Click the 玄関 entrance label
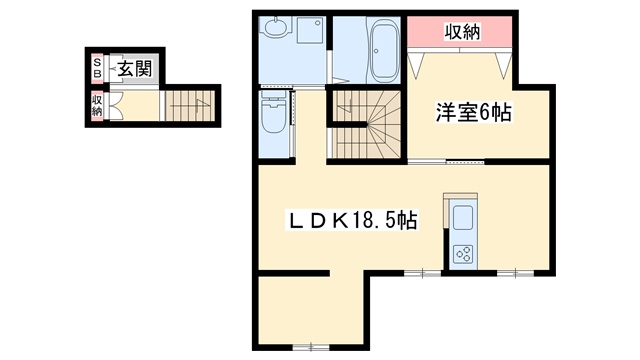coord(135,69)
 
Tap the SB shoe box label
coord(97,68)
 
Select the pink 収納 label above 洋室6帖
coord(462,31)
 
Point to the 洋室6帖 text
coord(473,112)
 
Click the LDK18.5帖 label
coord(353,221)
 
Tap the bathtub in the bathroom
coord(384,51)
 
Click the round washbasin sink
coord(277,27)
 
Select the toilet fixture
coord(273,112)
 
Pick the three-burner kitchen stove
coord(463,254)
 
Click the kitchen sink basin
coord(463,218)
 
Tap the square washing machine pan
coord(310,29)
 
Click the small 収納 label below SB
coord(97,105)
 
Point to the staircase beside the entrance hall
coord(190,105)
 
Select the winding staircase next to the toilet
coord(365,124)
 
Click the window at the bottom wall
coord(311,347)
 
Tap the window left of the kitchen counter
coord(422,273)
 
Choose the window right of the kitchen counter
coord(516,273)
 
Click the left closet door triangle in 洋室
coord(416,65)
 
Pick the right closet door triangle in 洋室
coord(504,65)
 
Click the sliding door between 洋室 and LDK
coord(446,162)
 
